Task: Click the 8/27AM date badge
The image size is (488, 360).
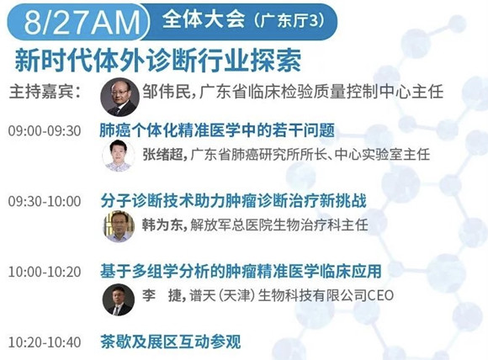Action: (78, 22)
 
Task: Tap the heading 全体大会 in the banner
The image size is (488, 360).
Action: (204, 19)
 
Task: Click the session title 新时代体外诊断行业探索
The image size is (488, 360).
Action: (158, 61)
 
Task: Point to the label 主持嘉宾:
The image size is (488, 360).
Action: (45, 92)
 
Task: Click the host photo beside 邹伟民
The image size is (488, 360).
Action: (119, 97)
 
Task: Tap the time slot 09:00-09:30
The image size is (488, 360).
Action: (45, 131)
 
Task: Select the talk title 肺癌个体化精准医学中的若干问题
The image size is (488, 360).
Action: (217, 130)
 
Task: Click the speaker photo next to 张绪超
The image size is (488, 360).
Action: (119, 156)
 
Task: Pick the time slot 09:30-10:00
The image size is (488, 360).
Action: (45, 201)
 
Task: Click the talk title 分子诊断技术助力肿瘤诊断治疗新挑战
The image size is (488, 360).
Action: (233, 201)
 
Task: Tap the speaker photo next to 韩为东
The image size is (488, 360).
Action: (119, 226)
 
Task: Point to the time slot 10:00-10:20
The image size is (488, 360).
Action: (45, 272)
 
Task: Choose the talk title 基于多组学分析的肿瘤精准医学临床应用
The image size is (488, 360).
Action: (241, 271)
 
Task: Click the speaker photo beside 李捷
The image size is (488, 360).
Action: (119, 299)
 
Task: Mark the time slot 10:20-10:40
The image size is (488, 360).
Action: (45, 342)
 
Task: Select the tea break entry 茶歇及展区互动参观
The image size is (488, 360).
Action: (171, 341)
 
